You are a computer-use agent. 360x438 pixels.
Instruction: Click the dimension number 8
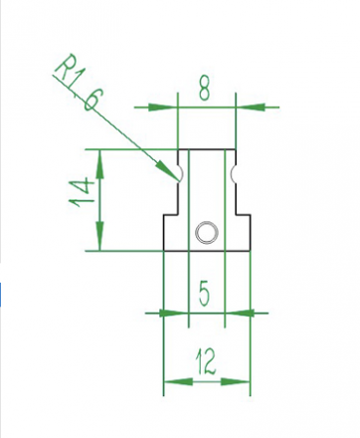(x=205, y=89)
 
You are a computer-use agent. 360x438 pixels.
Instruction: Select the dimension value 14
(x=80, y=192)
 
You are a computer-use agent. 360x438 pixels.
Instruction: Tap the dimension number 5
(x=205, y=294)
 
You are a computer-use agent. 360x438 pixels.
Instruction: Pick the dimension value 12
(x=206, y=361)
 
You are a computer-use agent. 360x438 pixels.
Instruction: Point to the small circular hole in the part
(x=207, y=233)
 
